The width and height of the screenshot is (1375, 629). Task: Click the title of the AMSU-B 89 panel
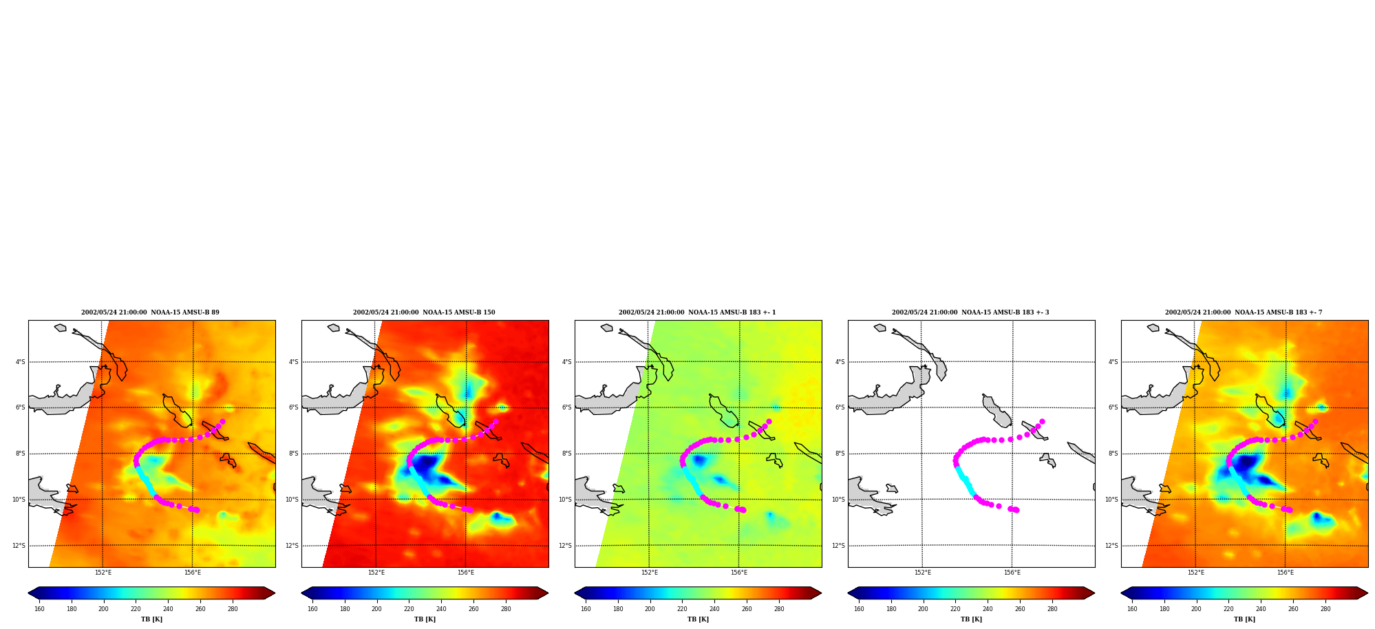coord(150,312)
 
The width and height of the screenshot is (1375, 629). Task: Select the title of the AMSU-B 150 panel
coord(424,312)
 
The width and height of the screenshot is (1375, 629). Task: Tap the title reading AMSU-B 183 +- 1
coord(697,312)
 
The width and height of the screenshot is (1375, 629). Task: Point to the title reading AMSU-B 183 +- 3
coord(970,312)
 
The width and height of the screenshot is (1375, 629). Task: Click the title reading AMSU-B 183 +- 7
coord(1244,312)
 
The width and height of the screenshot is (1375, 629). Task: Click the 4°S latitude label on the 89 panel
coord(21,362)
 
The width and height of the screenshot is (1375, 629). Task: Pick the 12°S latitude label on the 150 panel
coord(292,546)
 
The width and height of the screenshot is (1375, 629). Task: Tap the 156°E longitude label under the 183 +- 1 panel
coord(739,573)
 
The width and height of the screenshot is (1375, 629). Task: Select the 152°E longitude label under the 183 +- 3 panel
coord(922,573)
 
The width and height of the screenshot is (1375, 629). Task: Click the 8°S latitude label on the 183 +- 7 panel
coord(1113,454)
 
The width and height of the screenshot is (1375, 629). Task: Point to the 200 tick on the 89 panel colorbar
coord(103,609)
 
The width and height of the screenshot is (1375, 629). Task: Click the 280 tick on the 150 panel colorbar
coord(506,609)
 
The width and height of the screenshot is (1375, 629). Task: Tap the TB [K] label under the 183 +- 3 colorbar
coord(971,619)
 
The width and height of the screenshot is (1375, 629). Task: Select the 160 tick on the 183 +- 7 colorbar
coord(1132,609)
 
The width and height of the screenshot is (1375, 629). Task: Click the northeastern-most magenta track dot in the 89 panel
coord(222,421)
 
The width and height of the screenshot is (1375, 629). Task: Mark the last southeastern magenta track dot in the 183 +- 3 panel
coord(1016,510)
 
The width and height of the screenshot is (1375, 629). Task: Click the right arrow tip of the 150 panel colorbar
coord(548,593)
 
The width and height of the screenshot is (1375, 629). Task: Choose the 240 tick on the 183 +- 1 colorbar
coord(714,609)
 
